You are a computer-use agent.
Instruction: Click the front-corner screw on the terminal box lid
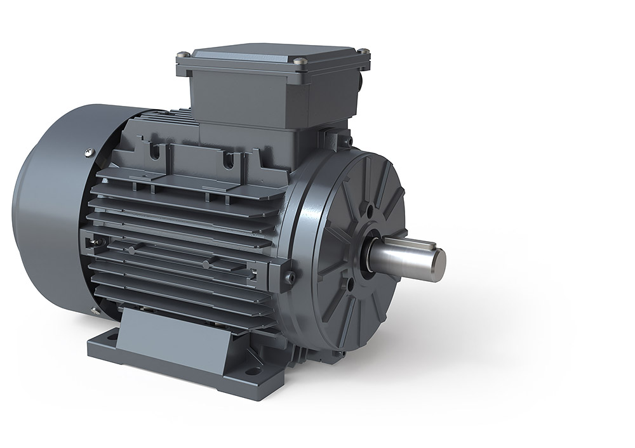(300, 62)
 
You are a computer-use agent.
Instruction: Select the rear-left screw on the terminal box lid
(184, 55)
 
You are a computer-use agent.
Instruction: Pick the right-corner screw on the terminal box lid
(363, 51)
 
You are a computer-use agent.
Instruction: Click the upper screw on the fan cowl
(89, 152)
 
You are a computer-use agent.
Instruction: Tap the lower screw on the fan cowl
(95, 310)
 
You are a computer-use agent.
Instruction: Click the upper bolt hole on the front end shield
(370, 209)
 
